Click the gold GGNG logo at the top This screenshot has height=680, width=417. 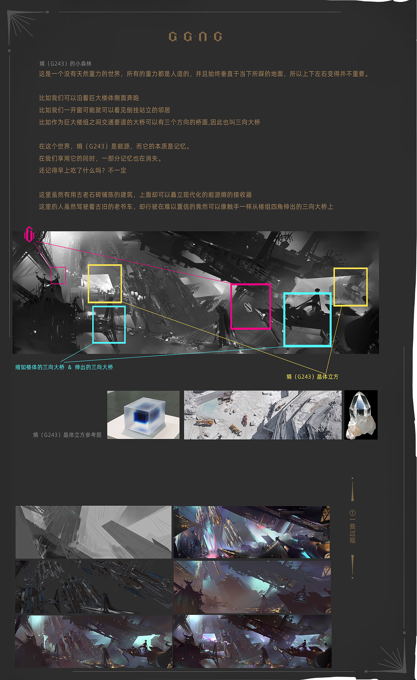[x=195, y=36]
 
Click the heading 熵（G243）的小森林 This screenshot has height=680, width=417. [x=65, y=64]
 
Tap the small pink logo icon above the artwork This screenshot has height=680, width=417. [x=29, y=234]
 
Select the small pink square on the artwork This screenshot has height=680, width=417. [x=58, y=275]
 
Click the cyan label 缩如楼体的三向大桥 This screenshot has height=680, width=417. [x=40, y=367]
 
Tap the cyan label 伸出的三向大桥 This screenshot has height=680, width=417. [x=94, y=367]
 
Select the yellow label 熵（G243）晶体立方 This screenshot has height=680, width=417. [x=312, y=377]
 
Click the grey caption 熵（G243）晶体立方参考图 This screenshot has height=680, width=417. [x=67, y=435]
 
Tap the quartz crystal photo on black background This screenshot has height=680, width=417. [x=361, y=415]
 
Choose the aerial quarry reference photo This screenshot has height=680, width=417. [x=263, y=415]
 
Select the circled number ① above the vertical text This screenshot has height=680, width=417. [x=352, y=513]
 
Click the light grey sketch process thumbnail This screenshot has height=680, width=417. [x=93, y=532]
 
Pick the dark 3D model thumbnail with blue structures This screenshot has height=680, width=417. [x=93, y=587]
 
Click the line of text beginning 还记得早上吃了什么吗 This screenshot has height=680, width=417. [x=82, y=170]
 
